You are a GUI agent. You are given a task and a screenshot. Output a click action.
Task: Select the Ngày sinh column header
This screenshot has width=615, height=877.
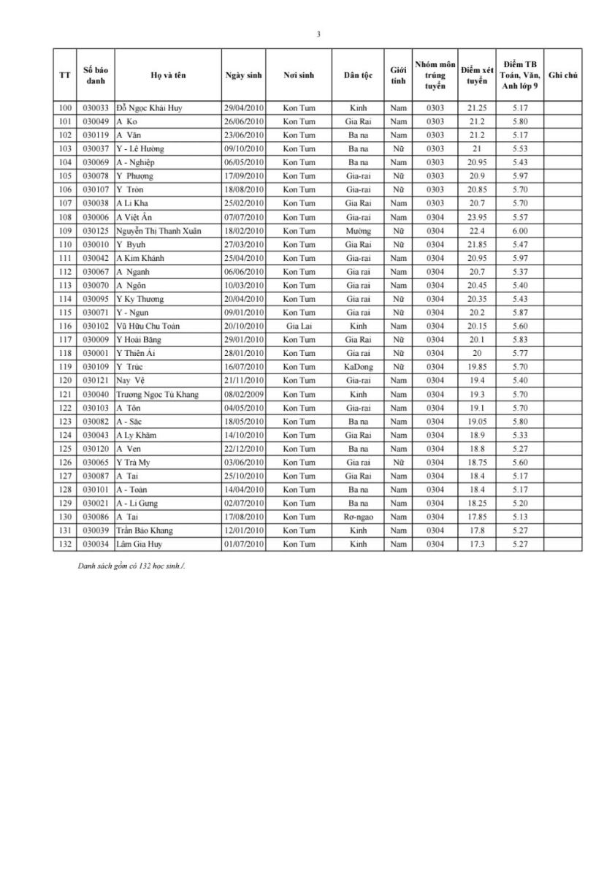(243, 75)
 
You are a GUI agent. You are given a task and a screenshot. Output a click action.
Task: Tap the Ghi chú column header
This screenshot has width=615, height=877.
(562, 75)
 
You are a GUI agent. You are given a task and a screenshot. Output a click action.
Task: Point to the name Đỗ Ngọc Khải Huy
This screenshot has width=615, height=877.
(148, 108)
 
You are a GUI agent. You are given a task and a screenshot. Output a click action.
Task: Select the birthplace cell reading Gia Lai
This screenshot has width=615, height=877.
(299, 326)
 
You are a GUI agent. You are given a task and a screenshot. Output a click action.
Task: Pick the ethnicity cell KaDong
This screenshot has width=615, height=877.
(358, 367)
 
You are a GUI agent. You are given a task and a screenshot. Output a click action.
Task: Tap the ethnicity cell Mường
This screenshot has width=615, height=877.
(358, 231)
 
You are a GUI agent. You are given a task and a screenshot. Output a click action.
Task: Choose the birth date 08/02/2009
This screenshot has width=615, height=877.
(243, 394)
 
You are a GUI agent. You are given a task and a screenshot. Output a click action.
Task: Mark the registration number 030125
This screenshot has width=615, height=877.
(96, 231)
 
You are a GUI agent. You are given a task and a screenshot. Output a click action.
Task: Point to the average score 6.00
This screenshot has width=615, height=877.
(520, 231)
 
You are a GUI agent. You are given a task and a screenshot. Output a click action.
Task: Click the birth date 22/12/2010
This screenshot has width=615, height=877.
(243, 449)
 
